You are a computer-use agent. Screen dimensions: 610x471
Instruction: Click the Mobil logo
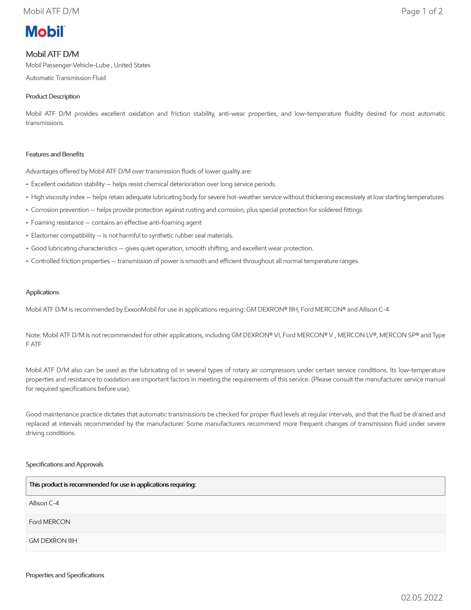(x=45, y=31)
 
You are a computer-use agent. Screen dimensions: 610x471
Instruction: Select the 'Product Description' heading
(x=53, y=96)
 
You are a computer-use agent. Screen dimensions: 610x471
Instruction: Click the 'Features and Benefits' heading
(x=55, y=154)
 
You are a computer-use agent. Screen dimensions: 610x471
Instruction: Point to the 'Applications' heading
(x=42, y=292)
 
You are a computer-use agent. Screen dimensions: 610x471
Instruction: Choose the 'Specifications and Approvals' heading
(x=65, y=464)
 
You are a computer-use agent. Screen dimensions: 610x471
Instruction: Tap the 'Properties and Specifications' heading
(x=65, y=575)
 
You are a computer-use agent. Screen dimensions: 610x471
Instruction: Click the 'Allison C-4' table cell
(x=44, y=503)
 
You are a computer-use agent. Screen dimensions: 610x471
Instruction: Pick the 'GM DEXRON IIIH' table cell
(x=53, y=540)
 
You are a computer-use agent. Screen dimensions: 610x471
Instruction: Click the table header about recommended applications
(x=113, y=485)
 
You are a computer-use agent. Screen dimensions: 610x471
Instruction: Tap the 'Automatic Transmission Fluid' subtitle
(x=66, y=78)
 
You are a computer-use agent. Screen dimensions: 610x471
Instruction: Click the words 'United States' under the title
(x=132, y=65)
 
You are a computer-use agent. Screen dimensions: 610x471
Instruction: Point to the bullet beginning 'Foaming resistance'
(x=116, y=223)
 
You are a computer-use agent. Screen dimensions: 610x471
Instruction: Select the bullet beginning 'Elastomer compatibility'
(x=132, y=235)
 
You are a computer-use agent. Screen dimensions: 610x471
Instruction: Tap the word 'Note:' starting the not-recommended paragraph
(x=34, y=335)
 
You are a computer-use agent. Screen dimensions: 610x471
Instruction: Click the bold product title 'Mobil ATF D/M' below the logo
(x=52, y=54)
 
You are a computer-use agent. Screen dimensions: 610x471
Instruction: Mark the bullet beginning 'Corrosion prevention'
(x=196, y=210)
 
